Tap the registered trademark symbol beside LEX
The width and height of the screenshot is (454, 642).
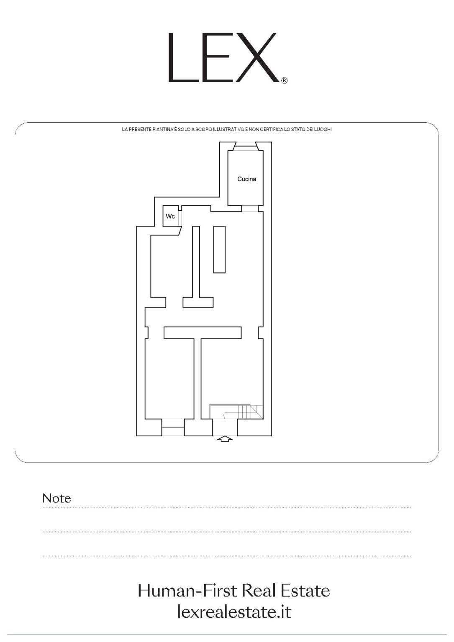click(284, 81)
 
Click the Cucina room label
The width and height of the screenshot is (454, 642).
click(246, 179)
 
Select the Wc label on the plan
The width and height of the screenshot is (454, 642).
click(170, 216)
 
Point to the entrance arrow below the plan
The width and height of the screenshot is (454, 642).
click(225, 439)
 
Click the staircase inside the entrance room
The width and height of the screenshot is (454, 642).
click(236, 412)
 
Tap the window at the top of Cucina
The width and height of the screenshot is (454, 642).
click(246, 146)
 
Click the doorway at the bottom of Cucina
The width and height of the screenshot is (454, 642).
click(249, 209)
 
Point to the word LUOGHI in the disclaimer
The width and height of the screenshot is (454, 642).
click(325, 130)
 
